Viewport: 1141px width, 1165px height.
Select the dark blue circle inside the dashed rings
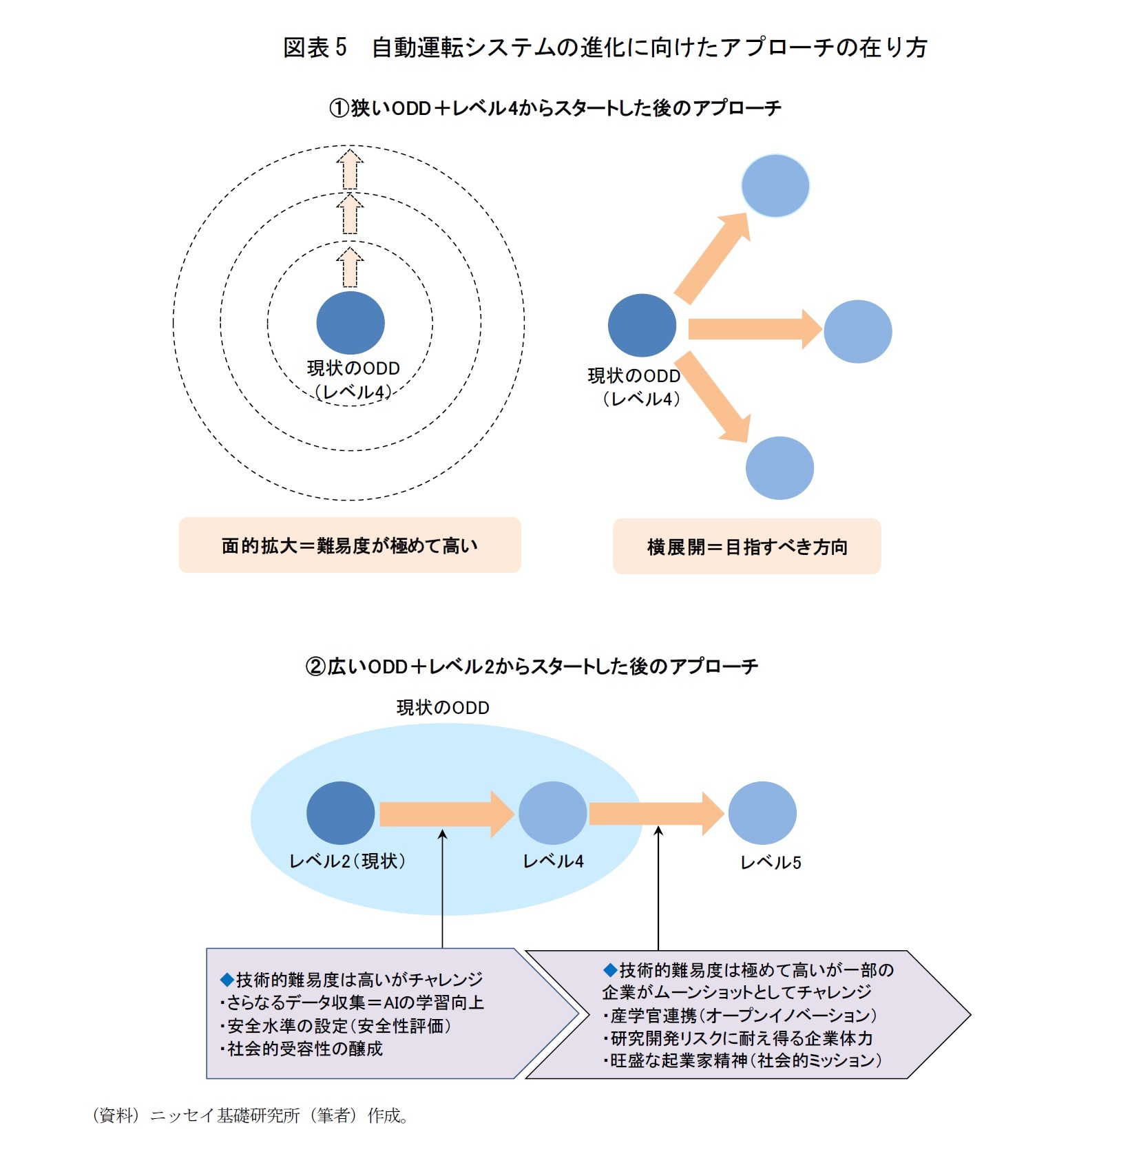(x=350, y=323)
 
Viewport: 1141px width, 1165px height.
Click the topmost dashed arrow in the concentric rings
(x=350, y=169)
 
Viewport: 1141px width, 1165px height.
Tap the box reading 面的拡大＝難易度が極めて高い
(x=350, y=545)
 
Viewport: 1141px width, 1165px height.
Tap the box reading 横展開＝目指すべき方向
(x=746, y=547)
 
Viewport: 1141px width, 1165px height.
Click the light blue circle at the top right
(x=775, y=186)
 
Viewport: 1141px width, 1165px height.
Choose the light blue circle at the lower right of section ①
(x=779, y=468)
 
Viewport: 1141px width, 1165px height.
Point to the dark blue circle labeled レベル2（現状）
(x=340, y=813)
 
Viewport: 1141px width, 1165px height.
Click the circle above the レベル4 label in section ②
(x=552, y=813)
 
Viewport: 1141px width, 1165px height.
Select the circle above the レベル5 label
(x=762, y=813)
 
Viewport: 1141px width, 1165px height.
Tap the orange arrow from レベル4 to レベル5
(x=655, y=814)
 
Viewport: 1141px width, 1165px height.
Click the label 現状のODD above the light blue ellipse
(x=443, y=708)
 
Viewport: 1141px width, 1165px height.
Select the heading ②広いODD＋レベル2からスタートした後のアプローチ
(x=532, y=666)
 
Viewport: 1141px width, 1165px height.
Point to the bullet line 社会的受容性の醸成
(x=303, y=1049)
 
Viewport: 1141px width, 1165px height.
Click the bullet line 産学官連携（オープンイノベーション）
(x=741, y=1015)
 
